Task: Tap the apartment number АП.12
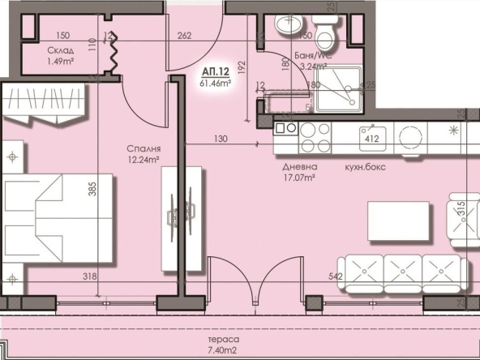(213, 71)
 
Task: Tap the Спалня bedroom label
(142, 148)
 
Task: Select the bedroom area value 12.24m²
(142, 160)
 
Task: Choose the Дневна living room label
(299, 166)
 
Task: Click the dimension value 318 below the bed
(89, 277)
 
